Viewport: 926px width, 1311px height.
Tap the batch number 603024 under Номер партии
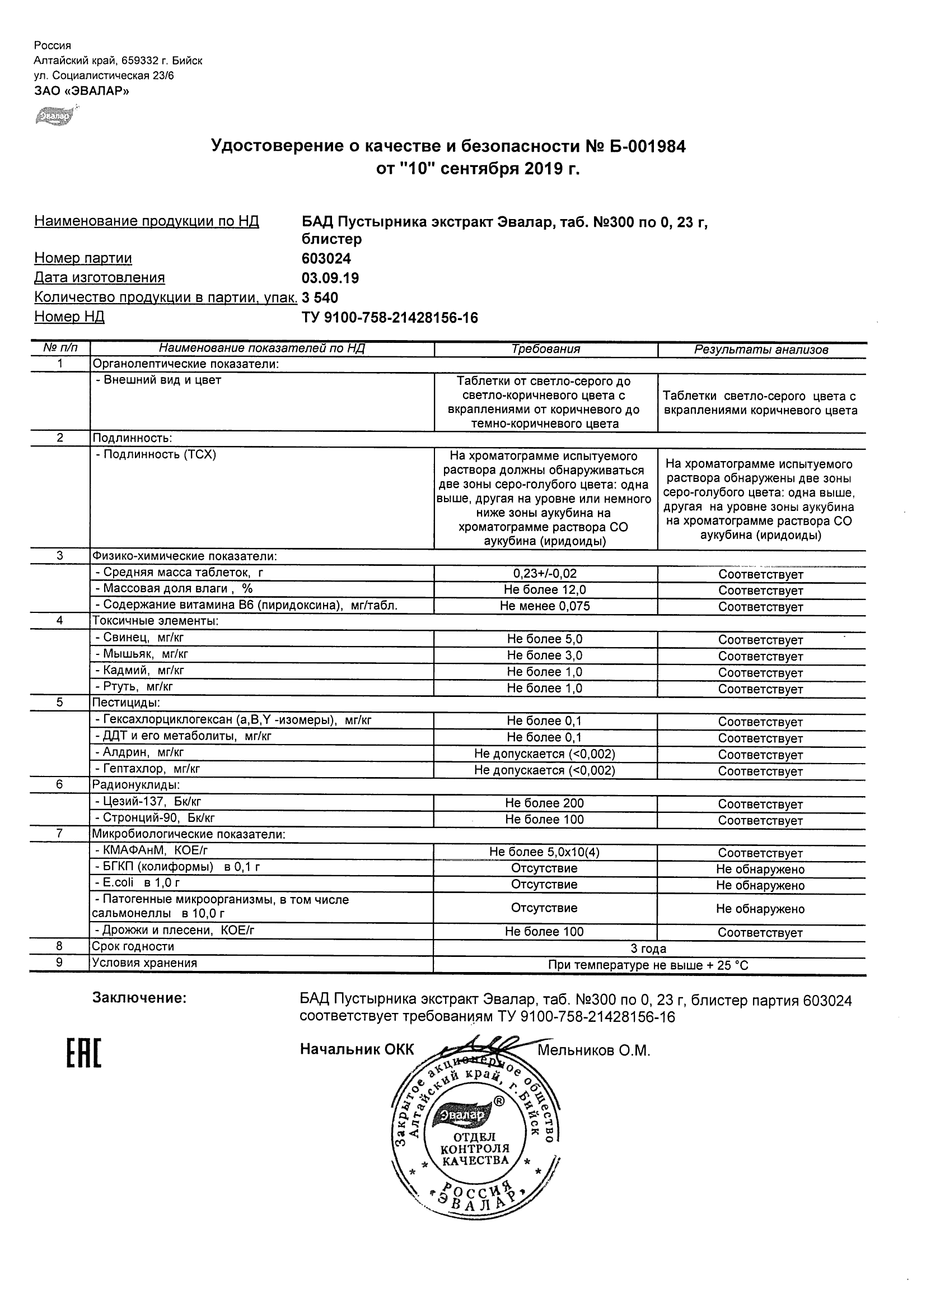[x=326, y=259]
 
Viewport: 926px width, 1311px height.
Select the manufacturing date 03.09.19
[x=330, y=278]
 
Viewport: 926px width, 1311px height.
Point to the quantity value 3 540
[x=320, y=297]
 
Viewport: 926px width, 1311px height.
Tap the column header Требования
[x=545, y=349]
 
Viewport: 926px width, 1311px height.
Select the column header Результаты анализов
[x=761, y=350]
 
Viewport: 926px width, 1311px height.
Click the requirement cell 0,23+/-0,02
[x=545, y=573]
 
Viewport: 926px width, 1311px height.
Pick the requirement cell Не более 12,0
[x=545, y=589]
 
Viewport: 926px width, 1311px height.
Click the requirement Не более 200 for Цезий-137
[x=544, y=803]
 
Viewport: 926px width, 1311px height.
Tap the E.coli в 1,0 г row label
[x=137, y=882]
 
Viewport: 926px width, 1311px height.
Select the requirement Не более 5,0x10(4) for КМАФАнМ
[x=544, y=852]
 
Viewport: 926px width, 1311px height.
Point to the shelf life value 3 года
[x=648, y=949]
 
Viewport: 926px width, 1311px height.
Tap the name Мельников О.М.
[x=593, y=1050]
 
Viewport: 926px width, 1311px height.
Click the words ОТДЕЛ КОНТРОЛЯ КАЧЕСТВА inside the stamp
[x=475, y=1149]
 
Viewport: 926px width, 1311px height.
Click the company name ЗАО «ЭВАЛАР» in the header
[x=81, y=91]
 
